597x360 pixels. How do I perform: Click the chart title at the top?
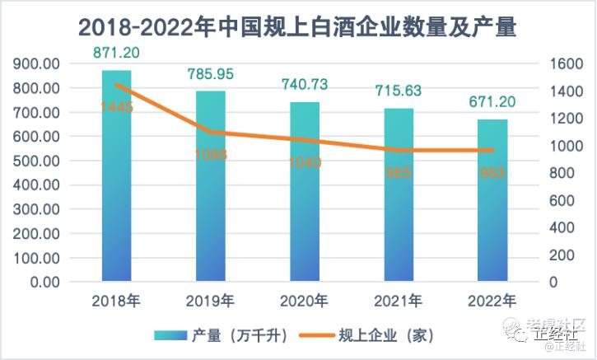(x=297, y=27)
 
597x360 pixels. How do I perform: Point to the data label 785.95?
(x=211, y=74)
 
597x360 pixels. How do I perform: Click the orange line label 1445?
(x=117, y=107)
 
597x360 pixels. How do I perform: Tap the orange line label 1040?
(x=305, y=162)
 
